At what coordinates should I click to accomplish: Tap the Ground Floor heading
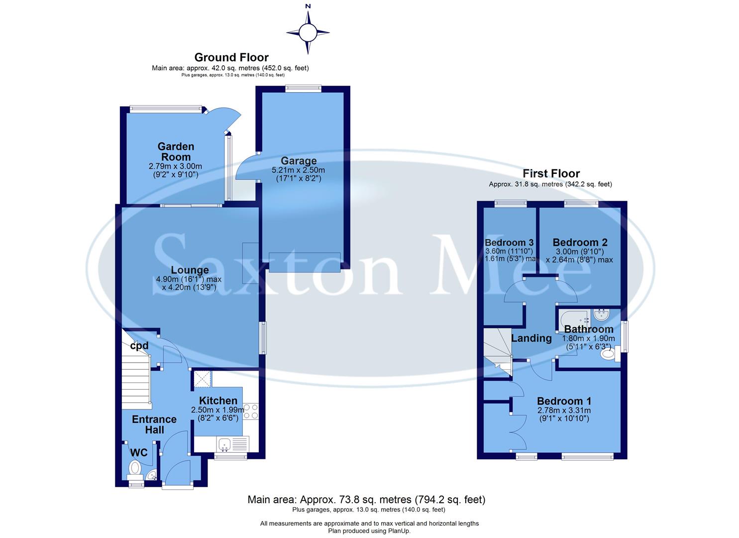(231, 57)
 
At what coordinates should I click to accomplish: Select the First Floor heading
(551, 173)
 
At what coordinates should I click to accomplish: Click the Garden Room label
(176, 151)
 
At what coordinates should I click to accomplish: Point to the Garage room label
(299, 161)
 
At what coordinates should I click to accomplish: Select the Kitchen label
(218, 401)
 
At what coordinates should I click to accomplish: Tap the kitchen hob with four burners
(251, 411)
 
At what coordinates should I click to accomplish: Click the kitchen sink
(225, 443)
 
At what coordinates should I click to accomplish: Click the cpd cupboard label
(139, 346)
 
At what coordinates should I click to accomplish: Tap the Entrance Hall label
(154, 424)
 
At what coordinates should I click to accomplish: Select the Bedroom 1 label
(564, 401)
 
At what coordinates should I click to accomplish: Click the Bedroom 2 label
(580, 243)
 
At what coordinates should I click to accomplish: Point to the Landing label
(531, 338)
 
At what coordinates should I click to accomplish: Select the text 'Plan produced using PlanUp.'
(369, 531)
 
